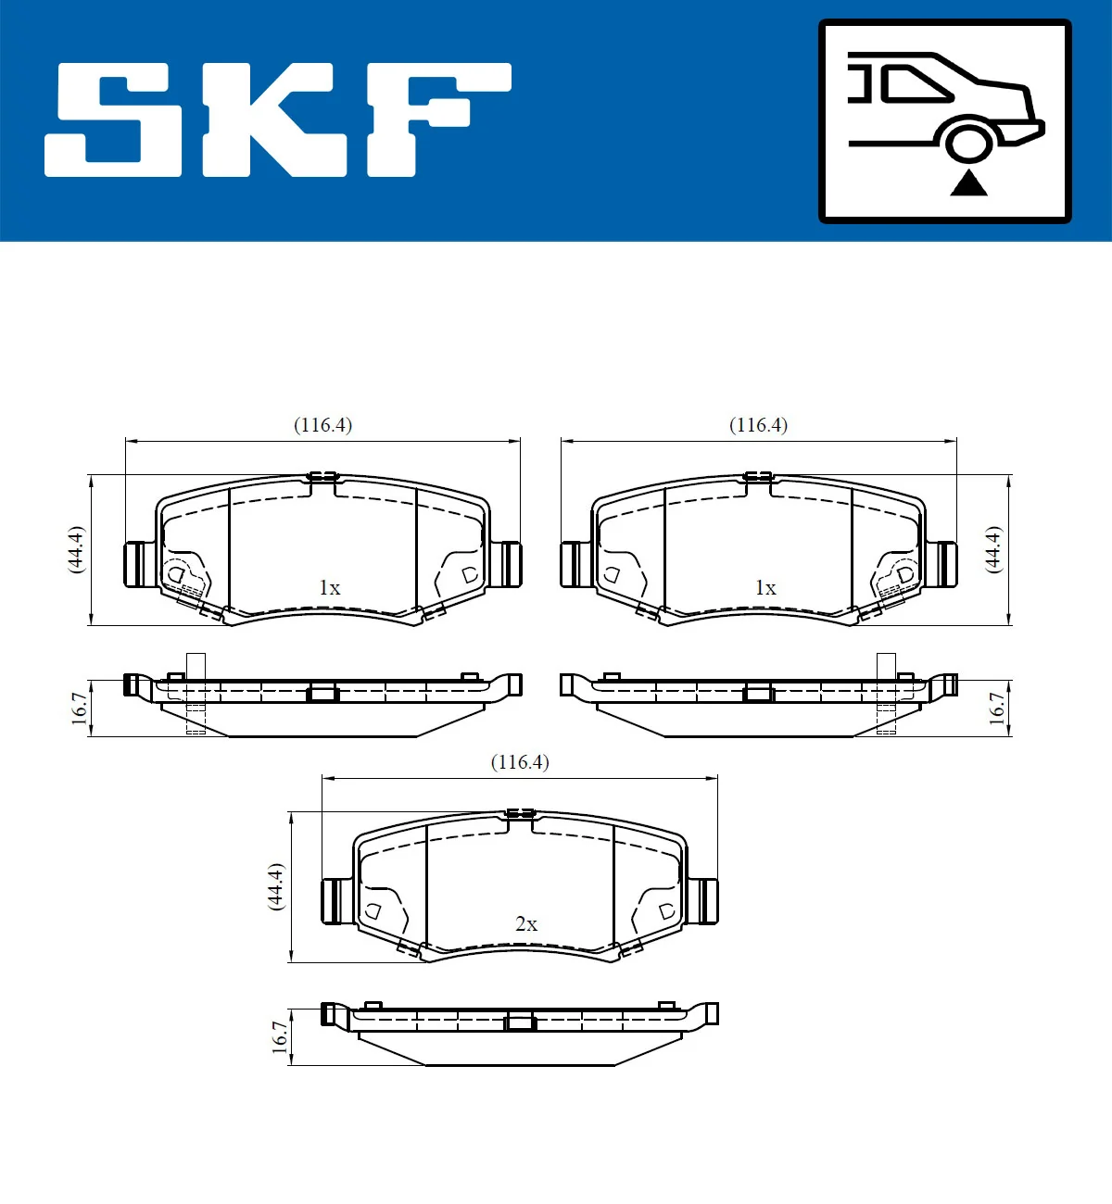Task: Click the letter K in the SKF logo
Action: point(273,120)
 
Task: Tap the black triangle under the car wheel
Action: point(968,183)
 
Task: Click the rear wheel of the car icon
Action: point(969,144)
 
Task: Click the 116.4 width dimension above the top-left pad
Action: point(322,425)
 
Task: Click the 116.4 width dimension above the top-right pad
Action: point(758,425)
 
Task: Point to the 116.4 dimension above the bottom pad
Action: point(519,762)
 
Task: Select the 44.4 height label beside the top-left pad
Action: point(77,549)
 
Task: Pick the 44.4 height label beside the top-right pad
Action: point(992,549)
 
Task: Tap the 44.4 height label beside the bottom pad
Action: point(275,886)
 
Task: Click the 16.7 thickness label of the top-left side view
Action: point(80,709)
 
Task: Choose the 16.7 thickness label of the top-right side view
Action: point(996,709)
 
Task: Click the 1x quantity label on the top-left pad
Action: point(329,588)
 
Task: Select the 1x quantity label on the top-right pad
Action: point(765,588)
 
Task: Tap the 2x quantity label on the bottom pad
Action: point(526,924)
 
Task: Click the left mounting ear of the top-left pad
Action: point(138,564)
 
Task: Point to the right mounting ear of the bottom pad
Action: point(703,901)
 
